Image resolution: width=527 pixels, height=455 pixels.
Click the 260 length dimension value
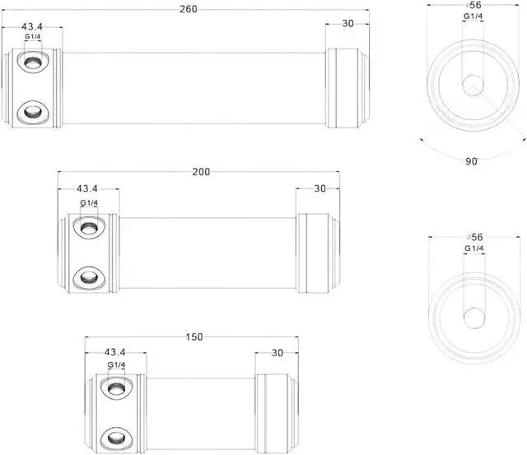click(x=187, y=9)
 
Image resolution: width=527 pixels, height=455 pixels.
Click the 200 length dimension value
click(x=201, y=172)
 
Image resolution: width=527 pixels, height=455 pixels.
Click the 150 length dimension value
click(x=194, y=337)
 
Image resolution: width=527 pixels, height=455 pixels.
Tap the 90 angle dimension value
click(x=472, y=161)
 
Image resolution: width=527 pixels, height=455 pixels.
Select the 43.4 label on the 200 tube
click(x=88, y=189)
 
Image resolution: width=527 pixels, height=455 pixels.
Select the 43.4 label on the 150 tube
click(x=116, y=353)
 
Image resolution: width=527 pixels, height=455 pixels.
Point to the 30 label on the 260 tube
click(x=347, y=24)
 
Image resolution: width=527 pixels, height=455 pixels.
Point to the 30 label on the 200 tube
click(x=320, y=188)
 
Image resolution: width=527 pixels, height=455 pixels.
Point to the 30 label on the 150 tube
click(x=277, y=353)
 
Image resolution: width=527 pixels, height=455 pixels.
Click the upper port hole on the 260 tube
click(x=33, y=62)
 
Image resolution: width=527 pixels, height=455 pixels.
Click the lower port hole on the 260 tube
click(x=33, y=109)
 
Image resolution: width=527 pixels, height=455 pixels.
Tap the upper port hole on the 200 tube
click(x=89, y=226)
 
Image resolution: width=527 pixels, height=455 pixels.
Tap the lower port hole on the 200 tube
click(x=89, y=276)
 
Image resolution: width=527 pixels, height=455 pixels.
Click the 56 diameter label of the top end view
click(x=473, y=5)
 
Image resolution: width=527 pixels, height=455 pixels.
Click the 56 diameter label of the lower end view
click(x=474, y=237)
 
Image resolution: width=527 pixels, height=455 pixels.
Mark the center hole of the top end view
click(x=472, y=84)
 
